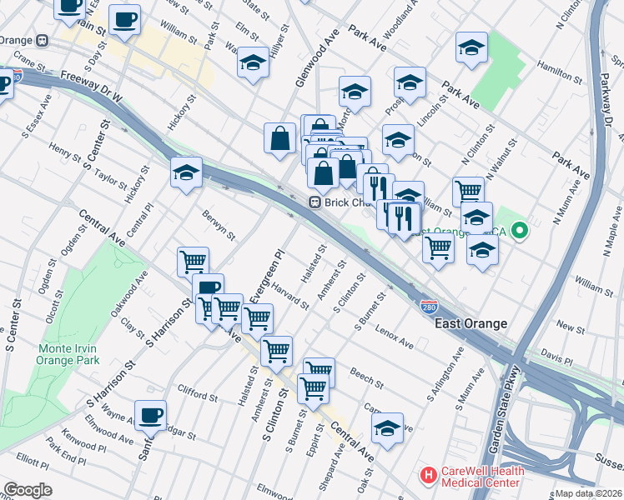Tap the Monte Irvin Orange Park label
(x=68, y=353)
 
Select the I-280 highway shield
(x=429, y=307)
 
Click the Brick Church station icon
(x=316, y=202)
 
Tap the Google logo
(x=28, y=489)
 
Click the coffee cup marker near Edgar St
(x=150, y=414)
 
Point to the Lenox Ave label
(x=395, y=338)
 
